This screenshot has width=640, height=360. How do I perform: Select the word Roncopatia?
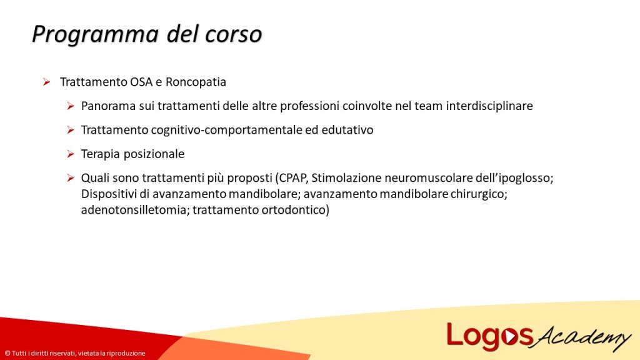pos(196,82)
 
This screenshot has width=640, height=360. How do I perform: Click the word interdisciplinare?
pos(489,106)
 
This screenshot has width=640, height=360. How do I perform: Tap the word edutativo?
pos(349,130)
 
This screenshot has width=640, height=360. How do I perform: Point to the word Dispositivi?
pos(108,194)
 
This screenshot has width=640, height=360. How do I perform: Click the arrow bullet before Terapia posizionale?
pos(71,154)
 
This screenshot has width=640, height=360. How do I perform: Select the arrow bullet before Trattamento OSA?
pos(46,82)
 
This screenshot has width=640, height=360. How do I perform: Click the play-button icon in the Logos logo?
pos(512,337)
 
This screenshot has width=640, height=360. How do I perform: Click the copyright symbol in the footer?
pos(7,353)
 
